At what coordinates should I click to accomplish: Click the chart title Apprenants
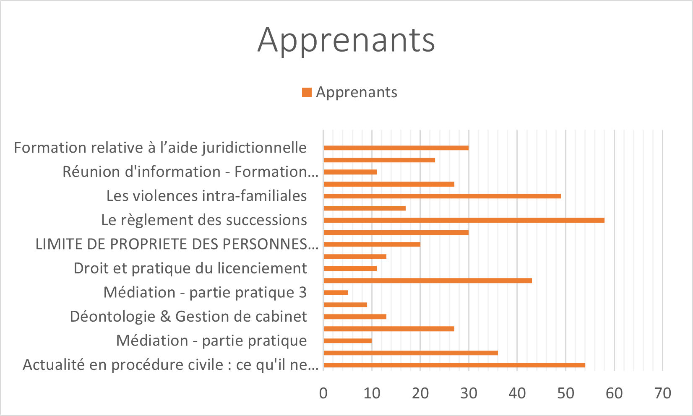click(346, 40)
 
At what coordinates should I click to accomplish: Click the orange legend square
click(307, 93)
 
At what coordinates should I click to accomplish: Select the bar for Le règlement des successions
click(464, 220)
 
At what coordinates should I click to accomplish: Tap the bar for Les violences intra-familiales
click(442, 196)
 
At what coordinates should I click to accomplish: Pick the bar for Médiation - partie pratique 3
click(336, 293)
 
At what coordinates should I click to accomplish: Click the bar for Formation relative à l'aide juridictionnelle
click(396, 148)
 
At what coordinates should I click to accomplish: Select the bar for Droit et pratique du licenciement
click(350, 268)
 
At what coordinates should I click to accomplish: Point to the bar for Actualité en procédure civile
click(454, 365)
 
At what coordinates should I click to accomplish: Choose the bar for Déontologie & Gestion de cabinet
click(355, 317)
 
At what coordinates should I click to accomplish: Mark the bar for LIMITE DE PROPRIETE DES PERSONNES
click(372, 244)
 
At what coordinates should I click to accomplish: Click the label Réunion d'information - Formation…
click(190, 172)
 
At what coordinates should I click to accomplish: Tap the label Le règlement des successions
click(204, 220)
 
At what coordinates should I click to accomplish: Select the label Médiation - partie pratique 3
click(205, 293)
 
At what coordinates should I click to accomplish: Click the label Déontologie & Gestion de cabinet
click(188, 317)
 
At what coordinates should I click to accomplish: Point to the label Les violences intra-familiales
click(206, 196)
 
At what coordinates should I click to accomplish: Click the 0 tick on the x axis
click(323, 393)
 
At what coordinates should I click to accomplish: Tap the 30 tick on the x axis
click(469, 393)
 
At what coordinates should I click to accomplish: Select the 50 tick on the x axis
click(565, 393)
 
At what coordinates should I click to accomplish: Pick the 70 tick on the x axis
click(662, 393)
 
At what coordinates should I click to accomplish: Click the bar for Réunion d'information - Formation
click(350, 172)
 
